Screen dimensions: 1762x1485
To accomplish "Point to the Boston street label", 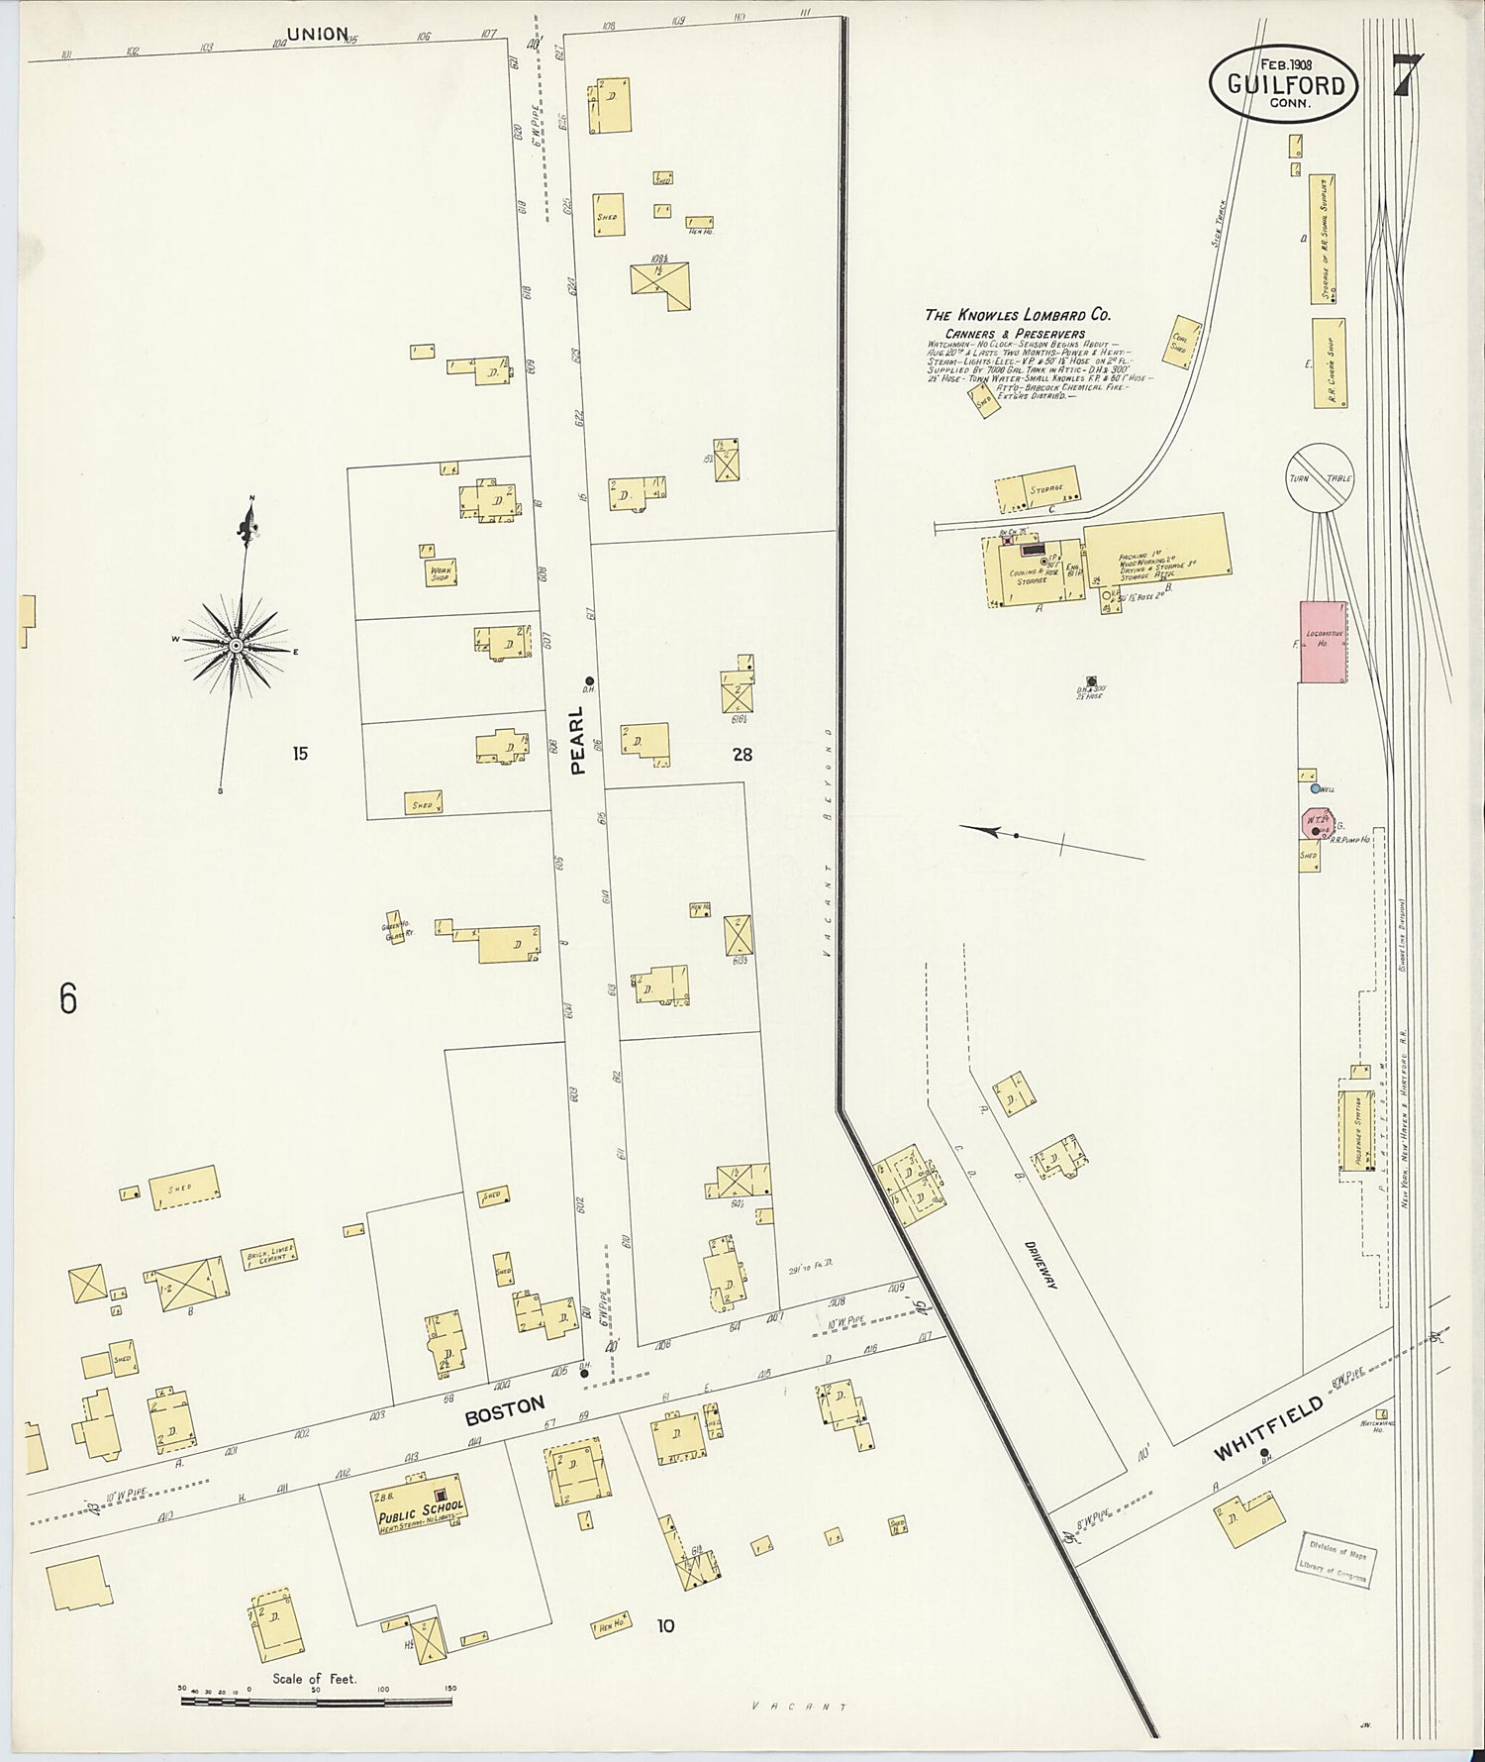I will (x=505, y=1411).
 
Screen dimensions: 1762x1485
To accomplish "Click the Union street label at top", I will (x=317, y=35).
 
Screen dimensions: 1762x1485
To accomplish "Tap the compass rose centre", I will (x=236, y=646).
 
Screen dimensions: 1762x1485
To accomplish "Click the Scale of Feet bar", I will (x=317, y=1701).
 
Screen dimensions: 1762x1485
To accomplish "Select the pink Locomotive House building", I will (x=1323, y=642).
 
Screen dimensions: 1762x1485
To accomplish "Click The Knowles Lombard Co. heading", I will (x=1018, y=315).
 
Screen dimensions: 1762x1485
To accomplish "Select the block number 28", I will (x=742, y=755).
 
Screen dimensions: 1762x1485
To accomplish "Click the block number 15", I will (x=299, y=754).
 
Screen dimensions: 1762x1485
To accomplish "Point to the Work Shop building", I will (x=441, y=572).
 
